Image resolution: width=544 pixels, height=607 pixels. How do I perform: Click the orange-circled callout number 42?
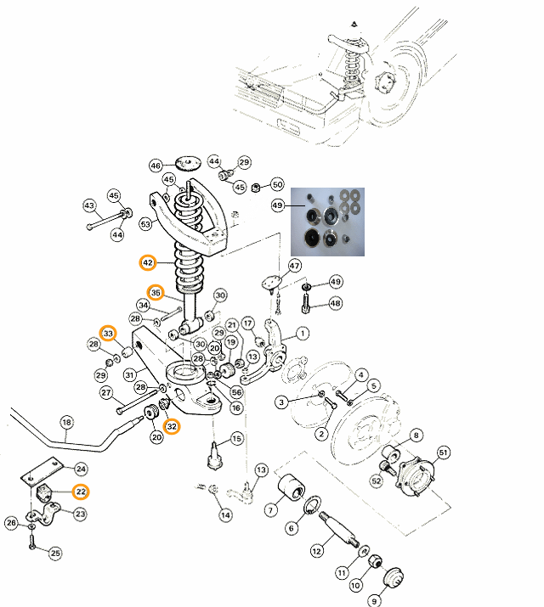148,263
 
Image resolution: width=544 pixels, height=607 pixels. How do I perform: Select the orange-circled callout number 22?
81,491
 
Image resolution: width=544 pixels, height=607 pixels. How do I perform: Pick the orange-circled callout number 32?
173,426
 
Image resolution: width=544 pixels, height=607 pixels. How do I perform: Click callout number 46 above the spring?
156,166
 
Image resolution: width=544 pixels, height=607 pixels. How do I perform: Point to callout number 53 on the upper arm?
145,224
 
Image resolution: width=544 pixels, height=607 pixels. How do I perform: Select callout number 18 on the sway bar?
66,422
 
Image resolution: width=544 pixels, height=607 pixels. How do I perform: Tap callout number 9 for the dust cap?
373,601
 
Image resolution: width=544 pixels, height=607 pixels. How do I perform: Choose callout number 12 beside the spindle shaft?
316,551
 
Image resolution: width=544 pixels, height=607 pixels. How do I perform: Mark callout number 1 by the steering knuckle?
303,333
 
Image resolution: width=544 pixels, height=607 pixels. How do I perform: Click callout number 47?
295,266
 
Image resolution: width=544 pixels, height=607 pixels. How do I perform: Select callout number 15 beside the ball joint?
236,439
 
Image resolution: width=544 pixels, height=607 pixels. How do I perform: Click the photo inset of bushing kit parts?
327,221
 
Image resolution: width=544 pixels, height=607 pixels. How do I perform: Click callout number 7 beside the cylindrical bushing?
270,510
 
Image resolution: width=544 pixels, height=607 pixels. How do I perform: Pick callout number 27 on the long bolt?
106,393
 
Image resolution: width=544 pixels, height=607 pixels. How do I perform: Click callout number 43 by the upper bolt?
89,205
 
